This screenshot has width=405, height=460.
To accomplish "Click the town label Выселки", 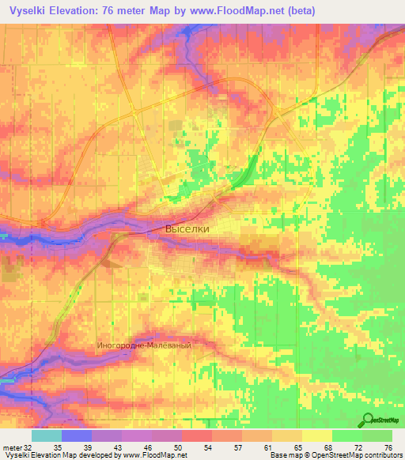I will (x=188, y=229).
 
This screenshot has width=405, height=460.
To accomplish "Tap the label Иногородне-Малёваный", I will (x=143, y=345).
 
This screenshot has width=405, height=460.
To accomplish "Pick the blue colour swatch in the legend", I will (x=77, y=435).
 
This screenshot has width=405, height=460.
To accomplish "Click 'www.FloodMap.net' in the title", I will (x=237, y=11).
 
